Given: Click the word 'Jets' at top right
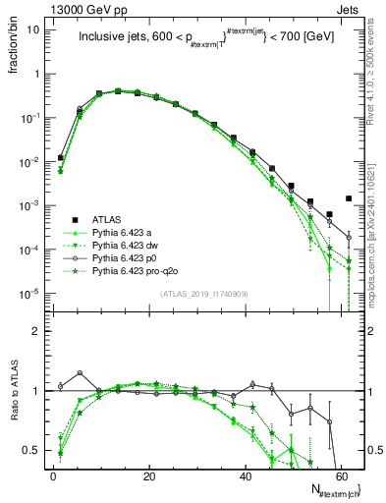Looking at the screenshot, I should point(350,8).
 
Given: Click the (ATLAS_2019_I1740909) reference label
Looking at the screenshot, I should point(204,294).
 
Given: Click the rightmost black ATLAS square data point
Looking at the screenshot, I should point(349,197).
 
